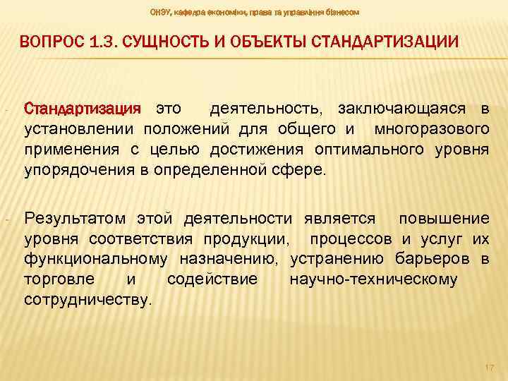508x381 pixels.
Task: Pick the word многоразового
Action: (432, 130)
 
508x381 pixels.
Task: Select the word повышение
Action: (444, 218)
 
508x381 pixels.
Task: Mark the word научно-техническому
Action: (373, 279)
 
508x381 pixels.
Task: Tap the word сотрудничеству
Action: (87, 299)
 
